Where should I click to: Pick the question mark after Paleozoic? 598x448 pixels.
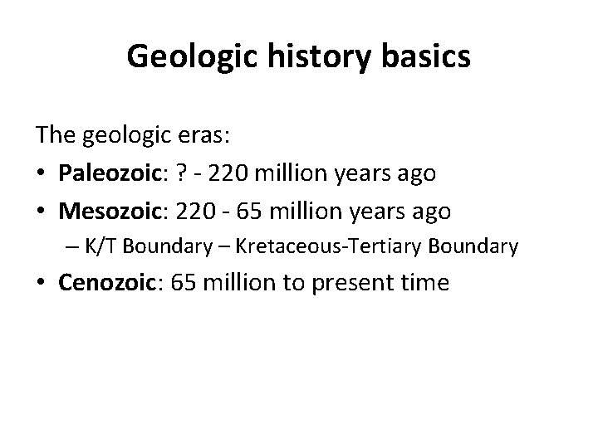199,173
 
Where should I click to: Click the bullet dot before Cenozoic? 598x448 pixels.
41,284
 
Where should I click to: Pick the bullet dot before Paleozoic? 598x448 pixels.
41,173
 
